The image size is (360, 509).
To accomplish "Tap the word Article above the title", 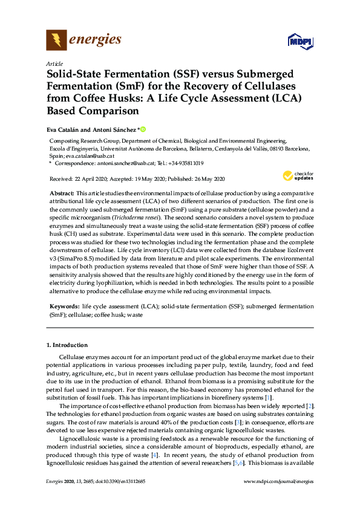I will tap(54, 63).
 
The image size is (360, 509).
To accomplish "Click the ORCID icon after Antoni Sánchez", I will tap(143, 129).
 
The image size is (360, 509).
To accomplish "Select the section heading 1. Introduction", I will tap(67, 345).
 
